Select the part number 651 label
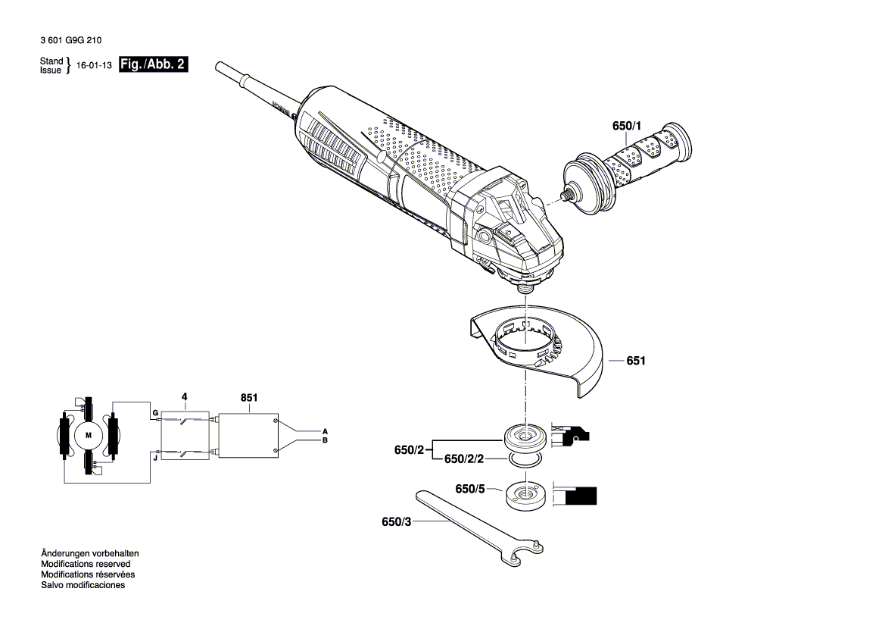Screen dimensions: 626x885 click(635, 362)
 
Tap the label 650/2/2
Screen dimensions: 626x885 click(463, 459)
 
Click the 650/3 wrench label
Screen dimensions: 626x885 click(397, 521)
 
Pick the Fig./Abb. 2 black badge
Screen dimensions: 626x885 click(154, 65)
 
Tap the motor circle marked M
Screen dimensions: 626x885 click(88, 435)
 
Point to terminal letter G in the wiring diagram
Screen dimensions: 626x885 click(154, 413)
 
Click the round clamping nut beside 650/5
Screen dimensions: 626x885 click(522, 495)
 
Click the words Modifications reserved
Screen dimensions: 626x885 click(86, 564)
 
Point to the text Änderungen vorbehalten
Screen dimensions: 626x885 click(89, 553)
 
